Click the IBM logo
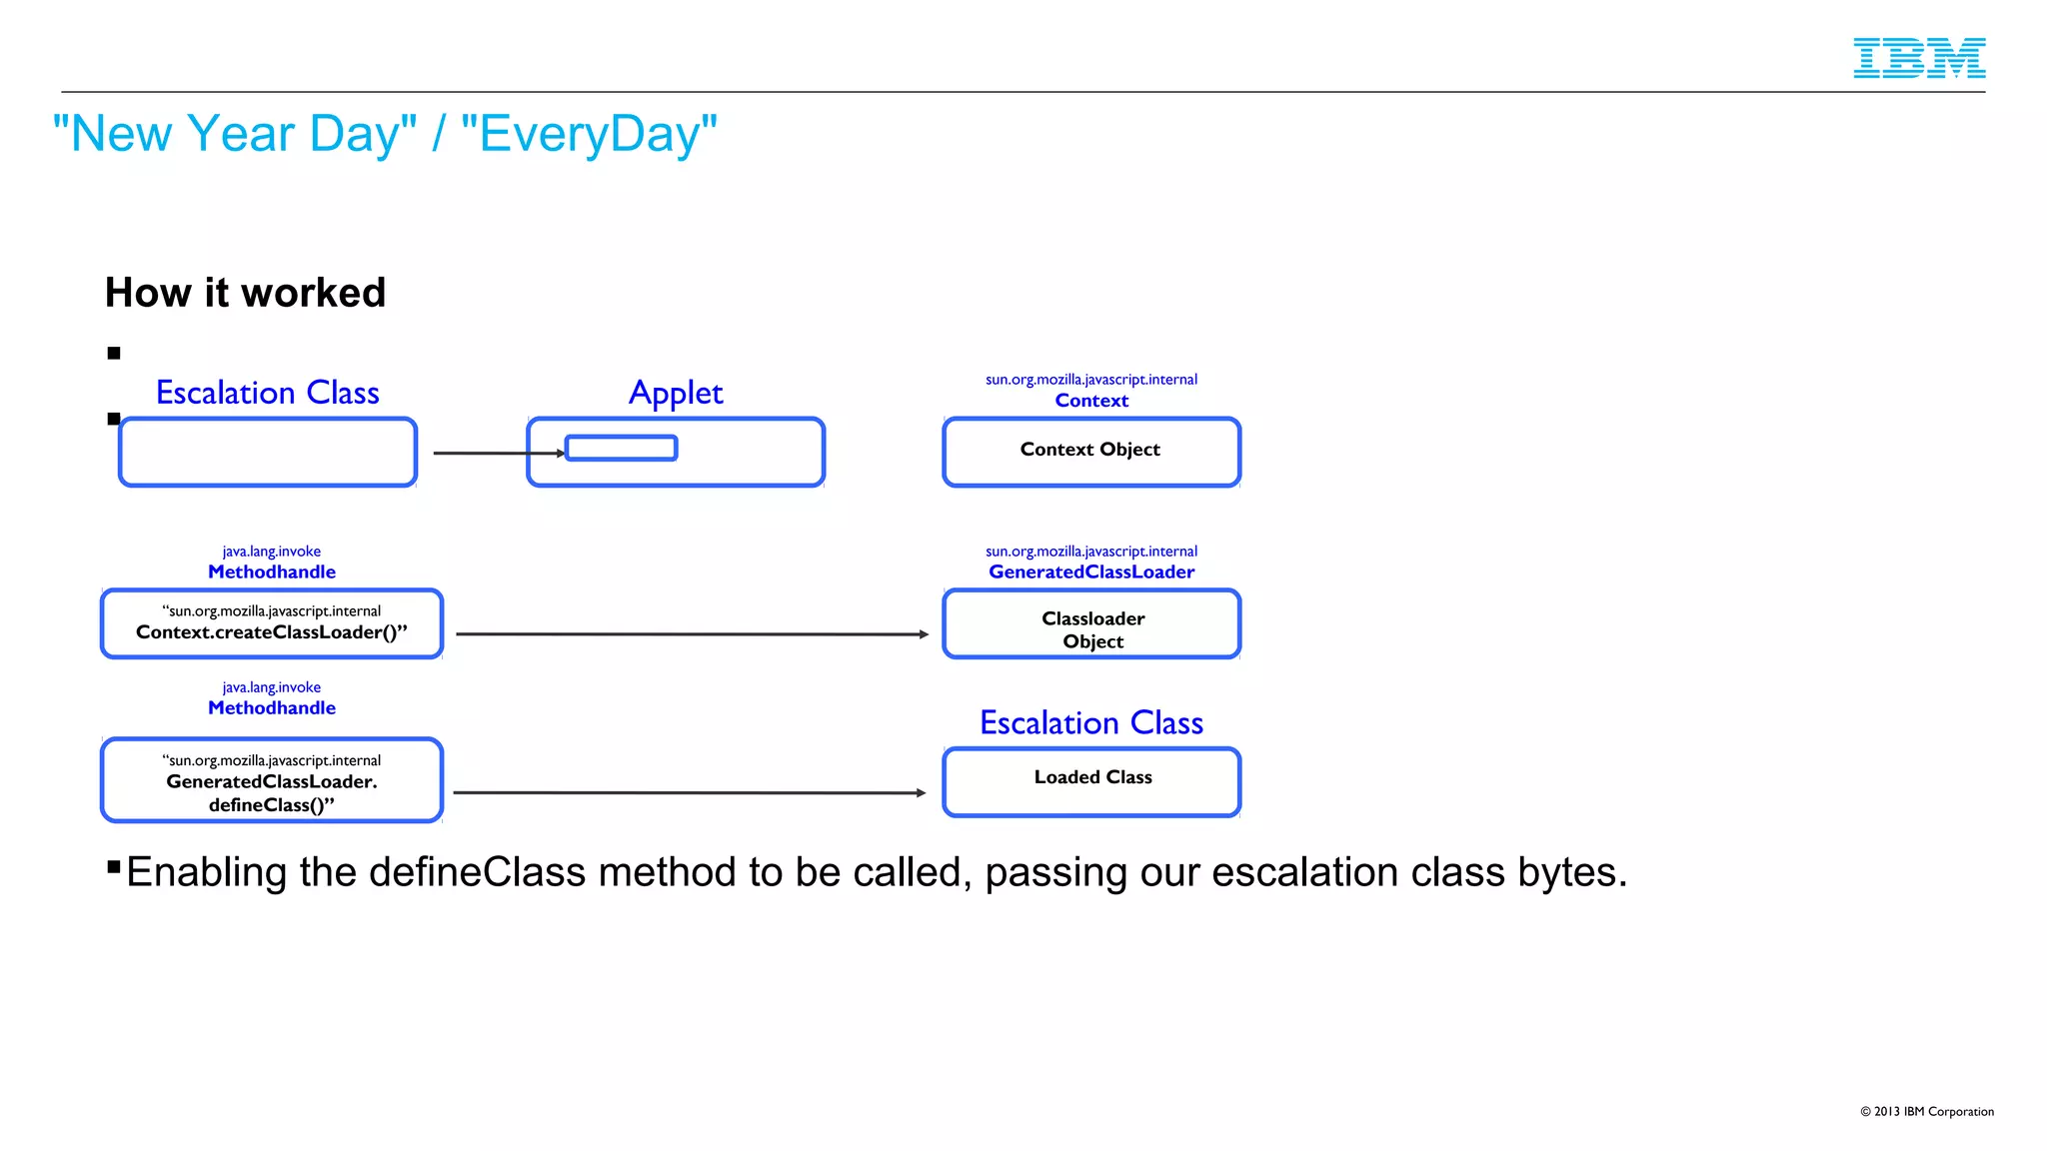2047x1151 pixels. (1918, 58)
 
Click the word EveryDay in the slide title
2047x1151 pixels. (589, 134)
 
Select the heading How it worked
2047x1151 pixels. (245, 293)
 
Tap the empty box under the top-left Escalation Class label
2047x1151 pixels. (267, 453)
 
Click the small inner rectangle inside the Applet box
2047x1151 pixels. (621, 448)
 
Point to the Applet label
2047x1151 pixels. (676, 393)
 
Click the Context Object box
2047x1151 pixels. (1090, 452)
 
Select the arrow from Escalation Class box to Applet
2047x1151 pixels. (498, 453)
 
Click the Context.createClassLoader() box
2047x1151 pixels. (271, 623)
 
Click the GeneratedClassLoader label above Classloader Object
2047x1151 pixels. (1090, 572)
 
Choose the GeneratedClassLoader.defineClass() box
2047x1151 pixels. (271, 780)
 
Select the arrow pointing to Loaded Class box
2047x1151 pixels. (690, 792)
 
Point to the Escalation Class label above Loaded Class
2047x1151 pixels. (1090, 722)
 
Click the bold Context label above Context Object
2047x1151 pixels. (1090, 401)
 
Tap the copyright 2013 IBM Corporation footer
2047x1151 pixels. (1926, 1111)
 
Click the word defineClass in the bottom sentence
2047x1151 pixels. (478, 872)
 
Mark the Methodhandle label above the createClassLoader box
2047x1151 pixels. (271, 572)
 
